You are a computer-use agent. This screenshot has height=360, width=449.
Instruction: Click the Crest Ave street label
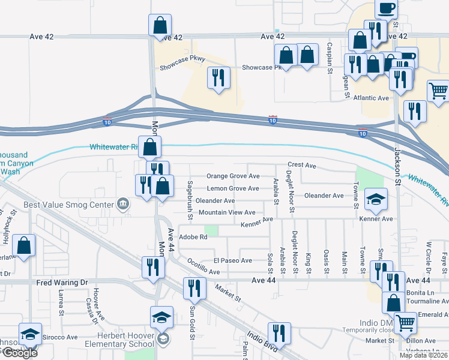coord(301,164)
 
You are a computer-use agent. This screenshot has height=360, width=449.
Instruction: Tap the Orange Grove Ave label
coord(233,176)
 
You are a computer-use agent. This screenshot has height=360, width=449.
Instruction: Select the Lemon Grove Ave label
coord(233,188)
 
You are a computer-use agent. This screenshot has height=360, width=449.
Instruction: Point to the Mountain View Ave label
coord(227,212)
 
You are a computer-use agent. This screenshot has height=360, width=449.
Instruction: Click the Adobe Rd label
coord(193,237)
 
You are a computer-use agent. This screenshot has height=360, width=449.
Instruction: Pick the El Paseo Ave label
coord(233,261)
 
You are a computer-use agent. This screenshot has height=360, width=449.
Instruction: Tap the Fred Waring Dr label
coord(62,282)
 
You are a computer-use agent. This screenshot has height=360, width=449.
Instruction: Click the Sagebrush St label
coord(190,194)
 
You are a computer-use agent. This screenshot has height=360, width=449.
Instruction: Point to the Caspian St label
coord(330,59)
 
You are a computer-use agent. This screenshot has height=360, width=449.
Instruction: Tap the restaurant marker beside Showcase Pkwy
coord(218,77)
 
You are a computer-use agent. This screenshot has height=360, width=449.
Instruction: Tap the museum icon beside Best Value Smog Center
coord(123,205)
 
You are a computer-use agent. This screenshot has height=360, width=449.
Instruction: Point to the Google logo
coord(19,353)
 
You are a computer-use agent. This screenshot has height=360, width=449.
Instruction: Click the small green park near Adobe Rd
coord(209,230)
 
